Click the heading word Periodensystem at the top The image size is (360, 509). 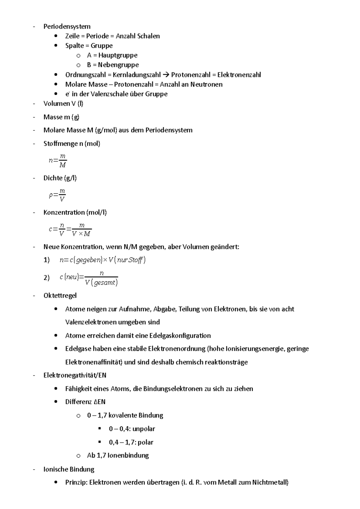click(67, 26)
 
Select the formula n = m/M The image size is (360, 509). click(58, 161)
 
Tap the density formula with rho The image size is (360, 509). click(57, 195)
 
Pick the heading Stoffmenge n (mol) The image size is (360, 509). click(72, 144)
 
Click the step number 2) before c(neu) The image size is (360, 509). click(46, 278)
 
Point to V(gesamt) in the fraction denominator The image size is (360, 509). click(101, 282)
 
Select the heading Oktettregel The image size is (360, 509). click(60, 296)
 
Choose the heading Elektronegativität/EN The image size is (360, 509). click(75, 375)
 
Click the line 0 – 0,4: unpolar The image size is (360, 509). click(132, 429)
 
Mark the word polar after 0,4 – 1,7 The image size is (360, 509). click(145, 442)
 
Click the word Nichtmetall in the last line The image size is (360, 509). click(270, 482)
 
